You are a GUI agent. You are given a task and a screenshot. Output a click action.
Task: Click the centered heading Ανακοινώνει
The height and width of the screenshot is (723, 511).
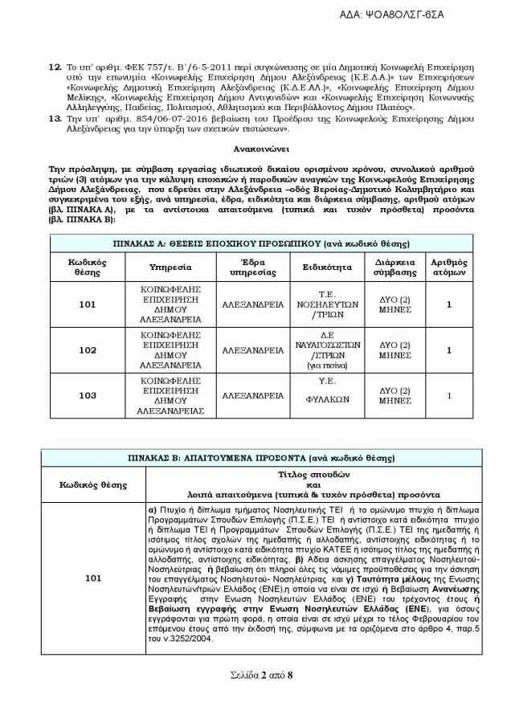(255, 149)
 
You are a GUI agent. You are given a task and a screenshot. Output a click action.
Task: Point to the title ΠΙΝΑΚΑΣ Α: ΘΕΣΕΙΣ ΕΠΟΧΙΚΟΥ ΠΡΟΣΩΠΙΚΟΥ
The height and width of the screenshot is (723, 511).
(255, 243)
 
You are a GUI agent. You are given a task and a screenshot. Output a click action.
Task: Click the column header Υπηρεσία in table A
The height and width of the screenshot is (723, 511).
(169, 267)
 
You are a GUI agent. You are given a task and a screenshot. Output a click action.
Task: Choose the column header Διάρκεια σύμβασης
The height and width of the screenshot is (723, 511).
(394, 267)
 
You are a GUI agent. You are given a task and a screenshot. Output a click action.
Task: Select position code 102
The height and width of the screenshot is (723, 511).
(88, 350)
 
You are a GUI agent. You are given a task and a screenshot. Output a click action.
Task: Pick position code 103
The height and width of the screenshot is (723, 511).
(88, 395)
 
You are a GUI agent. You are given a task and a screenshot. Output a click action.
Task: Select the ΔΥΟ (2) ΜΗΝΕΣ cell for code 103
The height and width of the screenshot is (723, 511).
(394, 395)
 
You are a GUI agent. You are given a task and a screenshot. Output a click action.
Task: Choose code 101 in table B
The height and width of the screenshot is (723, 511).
(93, 576)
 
